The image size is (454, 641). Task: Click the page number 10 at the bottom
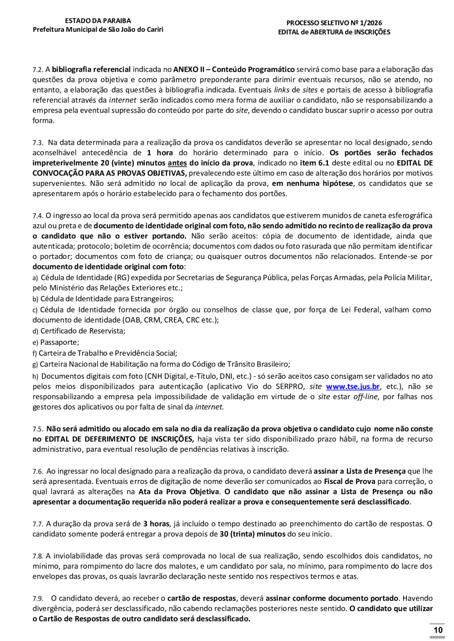[438, 630]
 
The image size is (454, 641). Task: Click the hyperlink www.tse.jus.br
[353, 387]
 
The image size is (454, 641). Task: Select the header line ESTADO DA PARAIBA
[98, 21]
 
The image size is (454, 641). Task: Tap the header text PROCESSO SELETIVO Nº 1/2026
[334, 23]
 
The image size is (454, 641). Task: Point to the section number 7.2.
[38, 70]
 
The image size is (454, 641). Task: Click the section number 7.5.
[38, 429]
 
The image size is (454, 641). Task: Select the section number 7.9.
[38, 599]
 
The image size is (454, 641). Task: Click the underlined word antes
[177, 163]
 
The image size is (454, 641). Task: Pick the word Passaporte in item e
[59, 342]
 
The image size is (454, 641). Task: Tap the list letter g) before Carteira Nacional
[35, 364]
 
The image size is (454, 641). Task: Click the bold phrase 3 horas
[156, 524]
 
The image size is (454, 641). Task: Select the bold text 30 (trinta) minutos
[252, 534]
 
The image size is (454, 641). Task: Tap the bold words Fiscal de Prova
[350, 481]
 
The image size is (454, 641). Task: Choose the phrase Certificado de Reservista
[83, 331]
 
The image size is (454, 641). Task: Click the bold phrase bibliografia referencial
[91, 69]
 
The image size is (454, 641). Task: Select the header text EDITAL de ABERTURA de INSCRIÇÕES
[334, 32]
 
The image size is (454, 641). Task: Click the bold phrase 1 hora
[160, 153]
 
